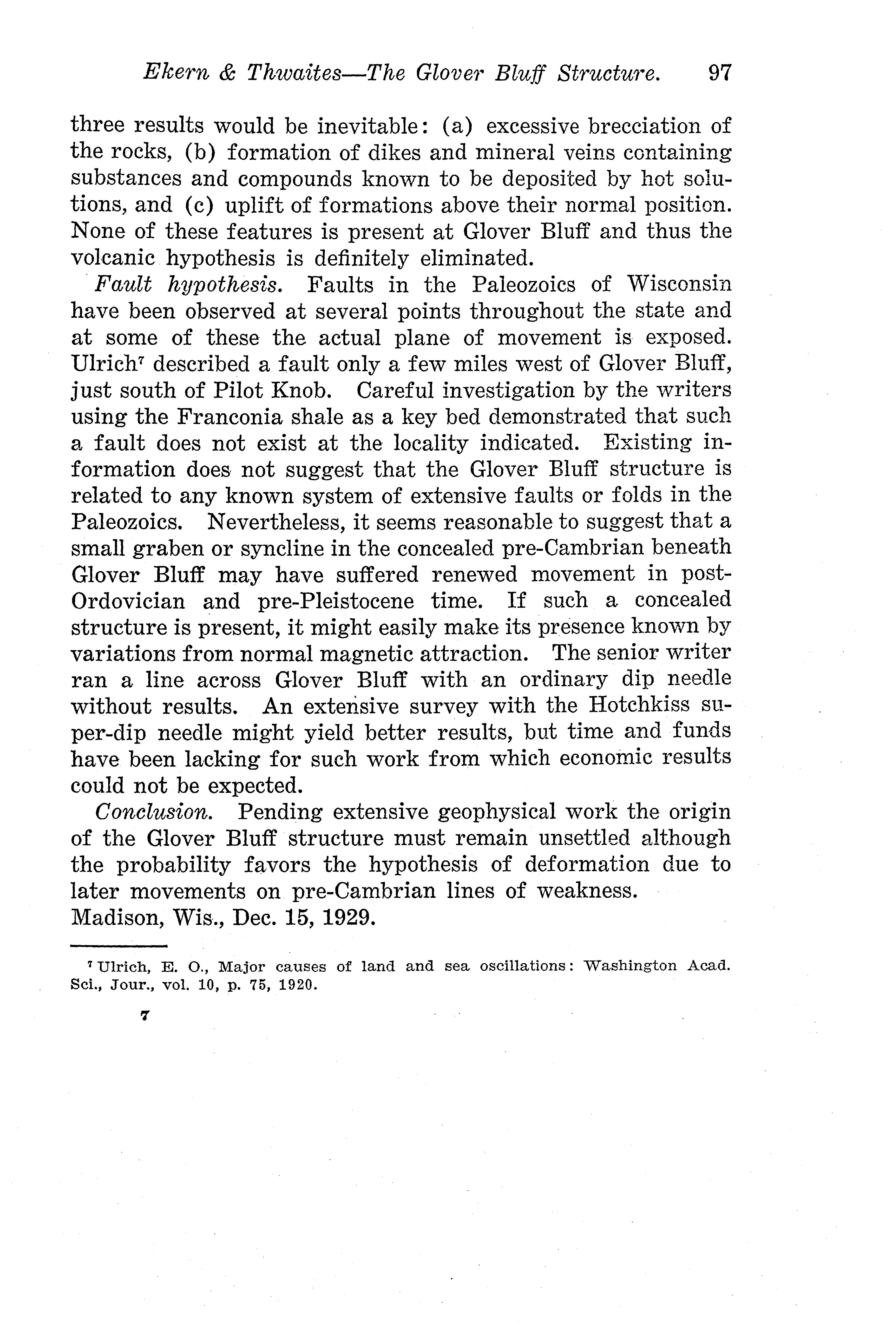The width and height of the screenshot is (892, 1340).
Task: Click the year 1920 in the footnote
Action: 297,985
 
